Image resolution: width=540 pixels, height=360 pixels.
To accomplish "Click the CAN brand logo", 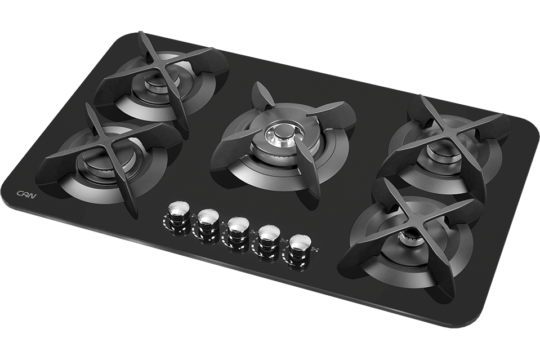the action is (x=26, y=194).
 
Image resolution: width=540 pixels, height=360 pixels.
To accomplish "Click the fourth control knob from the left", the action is (x=270, y=235).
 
